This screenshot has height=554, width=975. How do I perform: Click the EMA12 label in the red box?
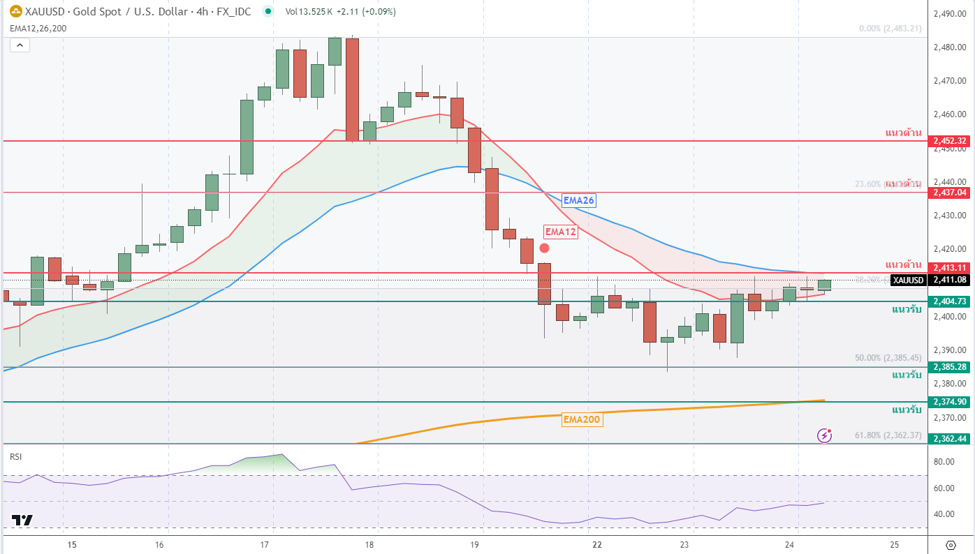[x=561, y=232]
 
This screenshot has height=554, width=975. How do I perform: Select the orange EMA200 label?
[x=582, y=419]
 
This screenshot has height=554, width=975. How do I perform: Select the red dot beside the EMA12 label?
[x=544, y=248]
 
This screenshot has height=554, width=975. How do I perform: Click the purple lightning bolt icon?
[x=825, y=435]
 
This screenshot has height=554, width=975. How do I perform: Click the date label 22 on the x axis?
[x=596, y=544]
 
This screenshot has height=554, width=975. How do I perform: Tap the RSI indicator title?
[x=15, y=456]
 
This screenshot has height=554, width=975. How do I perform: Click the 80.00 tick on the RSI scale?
[x=945, y=462]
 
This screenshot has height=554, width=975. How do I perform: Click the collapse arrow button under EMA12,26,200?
[x=20, y=45]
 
